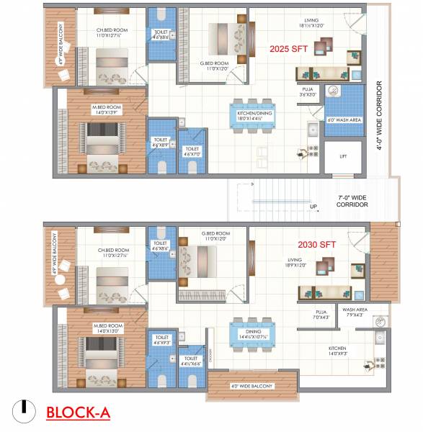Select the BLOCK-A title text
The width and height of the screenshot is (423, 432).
coord(78,412)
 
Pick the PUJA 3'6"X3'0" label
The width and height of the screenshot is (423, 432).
coord(308,91)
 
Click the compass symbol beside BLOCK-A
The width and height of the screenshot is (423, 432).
coord(25,408)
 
